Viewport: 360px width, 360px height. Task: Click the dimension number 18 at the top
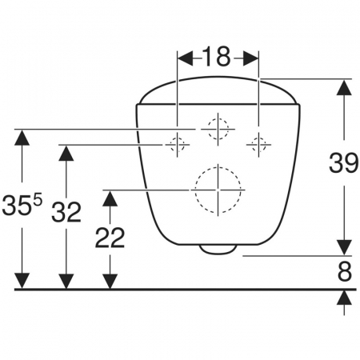(216, 57)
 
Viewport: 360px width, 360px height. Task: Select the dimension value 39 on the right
(343, 162)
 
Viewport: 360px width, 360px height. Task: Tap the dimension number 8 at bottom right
(345, 272)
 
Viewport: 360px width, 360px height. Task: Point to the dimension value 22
(110, 238)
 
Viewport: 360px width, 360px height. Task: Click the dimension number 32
(66, 212)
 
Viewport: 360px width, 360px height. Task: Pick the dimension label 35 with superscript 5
(22, 205)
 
